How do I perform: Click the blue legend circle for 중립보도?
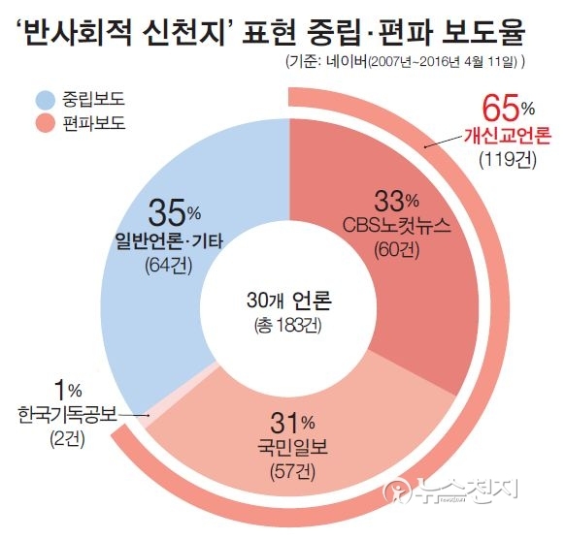point(46,98)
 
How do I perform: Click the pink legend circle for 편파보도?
point(46,124)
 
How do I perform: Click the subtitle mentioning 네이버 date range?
point(407,61)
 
